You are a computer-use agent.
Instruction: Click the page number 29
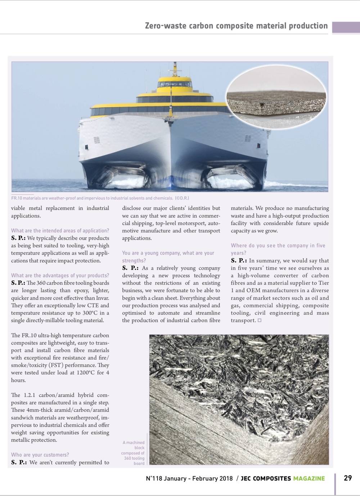point(348,478)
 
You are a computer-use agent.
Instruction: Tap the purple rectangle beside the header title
point(346,27)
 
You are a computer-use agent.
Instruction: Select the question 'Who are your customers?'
point(40,455)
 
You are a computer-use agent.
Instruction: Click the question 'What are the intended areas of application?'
point(60,231)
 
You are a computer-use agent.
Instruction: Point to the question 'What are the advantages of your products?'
point(60,276)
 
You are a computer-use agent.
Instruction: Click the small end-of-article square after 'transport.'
point(260,320)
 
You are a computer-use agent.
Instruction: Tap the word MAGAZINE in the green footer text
point(309,478)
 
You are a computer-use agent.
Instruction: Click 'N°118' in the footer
point(154,478)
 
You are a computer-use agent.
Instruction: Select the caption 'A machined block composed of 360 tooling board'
point(133,453)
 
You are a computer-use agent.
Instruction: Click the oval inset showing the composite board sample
point(276,97)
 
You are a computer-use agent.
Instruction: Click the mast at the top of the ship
point(175,68)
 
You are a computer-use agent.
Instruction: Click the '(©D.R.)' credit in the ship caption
point(182,198)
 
